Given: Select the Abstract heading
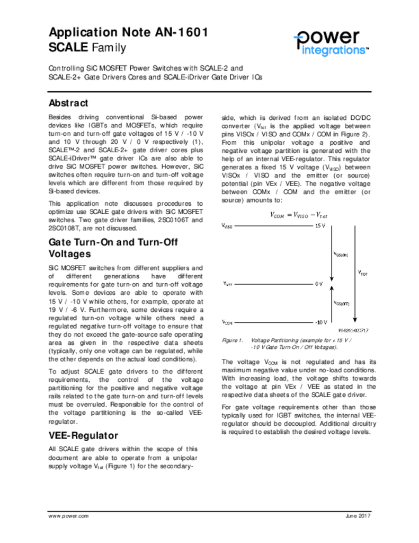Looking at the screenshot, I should click(x=68, y=103).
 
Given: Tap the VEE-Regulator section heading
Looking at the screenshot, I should click(x=83, y=435).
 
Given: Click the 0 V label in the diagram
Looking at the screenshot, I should click(x=318, y=284).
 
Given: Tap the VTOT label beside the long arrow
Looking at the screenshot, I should click(x=363, y=273).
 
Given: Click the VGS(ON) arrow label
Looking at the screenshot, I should click(x=340, y=255).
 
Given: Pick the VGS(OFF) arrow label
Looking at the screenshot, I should click(x=341, y=303).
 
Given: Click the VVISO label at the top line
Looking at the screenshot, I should click(x=227, y=226).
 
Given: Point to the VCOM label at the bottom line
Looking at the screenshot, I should click(x=227, y=322).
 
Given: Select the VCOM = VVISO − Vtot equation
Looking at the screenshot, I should click(x=299, y=215).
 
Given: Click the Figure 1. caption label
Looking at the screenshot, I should click(x=233, y=340).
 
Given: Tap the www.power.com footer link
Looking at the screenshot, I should click(x=68, y=516).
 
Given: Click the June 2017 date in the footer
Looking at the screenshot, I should click(x=358, y=516).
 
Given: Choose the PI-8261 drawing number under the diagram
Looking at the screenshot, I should click(x=353, y=330).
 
